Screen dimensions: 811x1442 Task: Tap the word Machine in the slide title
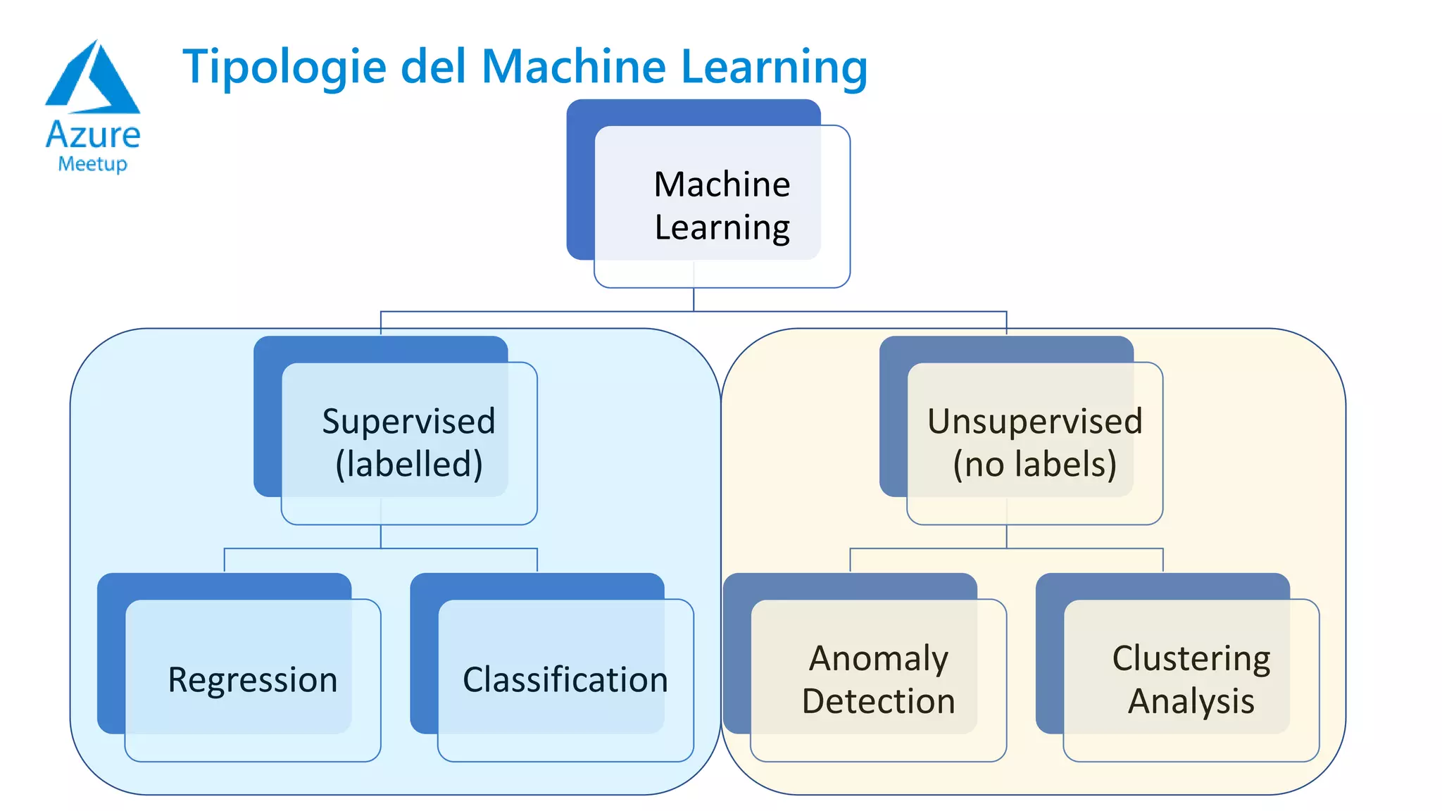point(574,66)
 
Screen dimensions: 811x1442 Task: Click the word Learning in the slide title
point(774,68)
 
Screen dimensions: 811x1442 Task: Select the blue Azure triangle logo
point(93,77)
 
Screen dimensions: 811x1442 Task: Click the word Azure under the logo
point(93,134)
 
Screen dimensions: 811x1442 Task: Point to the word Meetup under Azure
point(93,164)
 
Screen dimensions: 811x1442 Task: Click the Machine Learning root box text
point(722,205)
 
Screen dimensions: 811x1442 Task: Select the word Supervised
point(408,421)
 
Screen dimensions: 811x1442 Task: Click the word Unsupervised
point(1034,421)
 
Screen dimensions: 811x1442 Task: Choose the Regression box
point(252,679)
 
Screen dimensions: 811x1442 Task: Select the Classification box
point(565,679)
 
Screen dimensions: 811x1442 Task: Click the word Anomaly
point(878,658)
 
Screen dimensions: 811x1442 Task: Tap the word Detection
point(878,701)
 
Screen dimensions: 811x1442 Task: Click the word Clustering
point(1191,658)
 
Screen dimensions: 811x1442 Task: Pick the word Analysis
point(1191,701)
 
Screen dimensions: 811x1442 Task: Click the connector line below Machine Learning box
point(694,299)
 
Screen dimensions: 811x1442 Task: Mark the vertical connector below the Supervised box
point(381,536)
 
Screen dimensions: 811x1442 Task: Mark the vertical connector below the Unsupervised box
point(1006,536)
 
